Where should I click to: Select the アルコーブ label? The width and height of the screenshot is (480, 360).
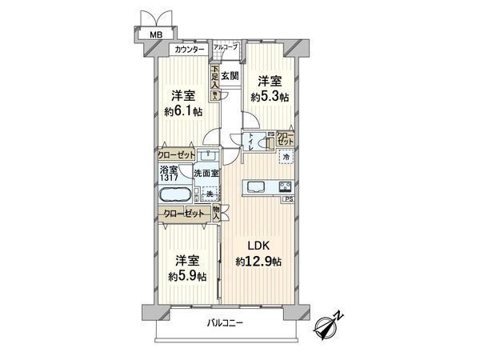click(225, 48)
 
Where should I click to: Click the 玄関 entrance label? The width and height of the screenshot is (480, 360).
click(230, 76)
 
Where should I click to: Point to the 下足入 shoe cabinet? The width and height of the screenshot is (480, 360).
click(214, 81)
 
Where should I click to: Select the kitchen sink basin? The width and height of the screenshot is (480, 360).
click(258, 187)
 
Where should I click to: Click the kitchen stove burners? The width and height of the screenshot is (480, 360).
click(285, 187)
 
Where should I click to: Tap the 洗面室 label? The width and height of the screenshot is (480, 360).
click(207, 174)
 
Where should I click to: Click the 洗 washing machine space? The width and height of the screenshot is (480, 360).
click(210, 194)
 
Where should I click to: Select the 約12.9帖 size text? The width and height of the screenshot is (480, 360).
click(258, 261)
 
